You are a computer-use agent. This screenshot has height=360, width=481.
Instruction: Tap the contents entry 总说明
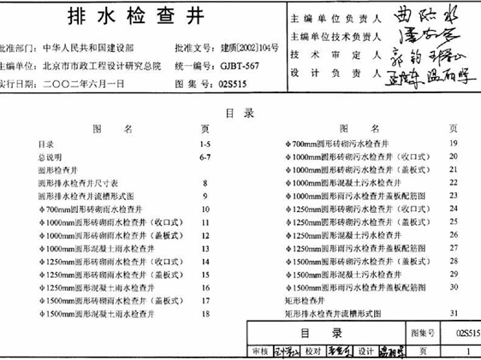click(52, 157)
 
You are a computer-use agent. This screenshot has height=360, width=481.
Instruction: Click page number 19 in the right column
click(453, 143)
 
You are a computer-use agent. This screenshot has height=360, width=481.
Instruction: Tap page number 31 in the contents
click(453, 314)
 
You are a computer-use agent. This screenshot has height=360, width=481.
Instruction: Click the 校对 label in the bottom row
click(312, 351)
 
